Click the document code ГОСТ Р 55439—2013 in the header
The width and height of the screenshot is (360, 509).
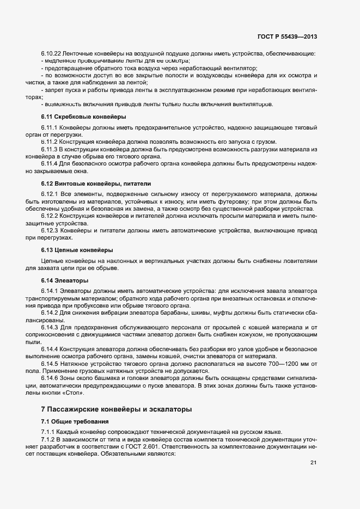286,37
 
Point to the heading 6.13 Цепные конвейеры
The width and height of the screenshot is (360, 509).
77,250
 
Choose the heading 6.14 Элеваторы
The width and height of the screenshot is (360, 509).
64,280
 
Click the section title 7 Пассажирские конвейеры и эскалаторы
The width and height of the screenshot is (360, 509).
116,409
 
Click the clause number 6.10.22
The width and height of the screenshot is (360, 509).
51,54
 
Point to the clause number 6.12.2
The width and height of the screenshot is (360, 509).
49,216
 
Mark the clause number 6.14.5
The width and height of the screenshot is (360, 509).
49,362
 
